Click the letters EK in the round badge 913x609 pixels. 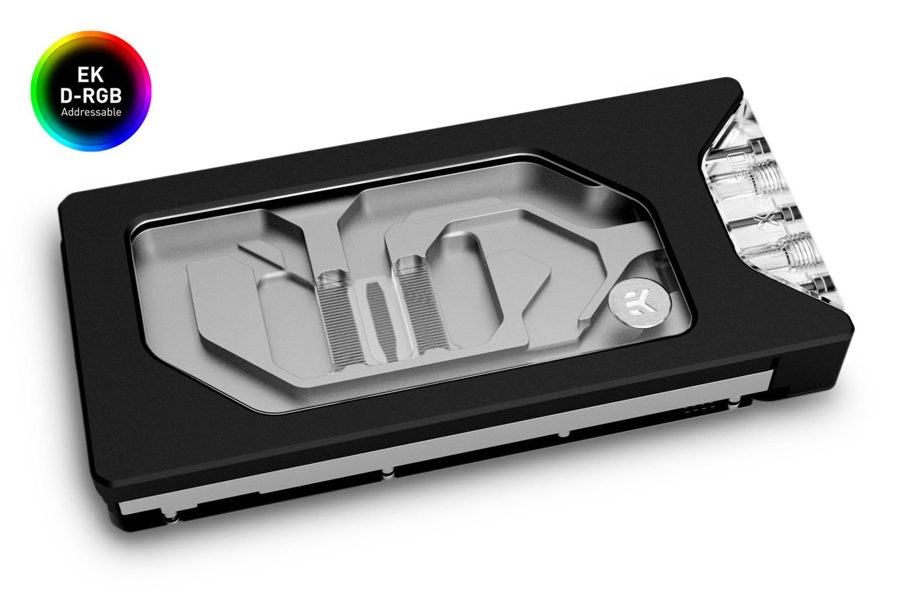point(91,75)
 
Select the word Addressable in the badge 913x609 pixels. point(91,112)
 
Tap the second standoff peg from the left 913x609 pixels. point(387,471)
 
